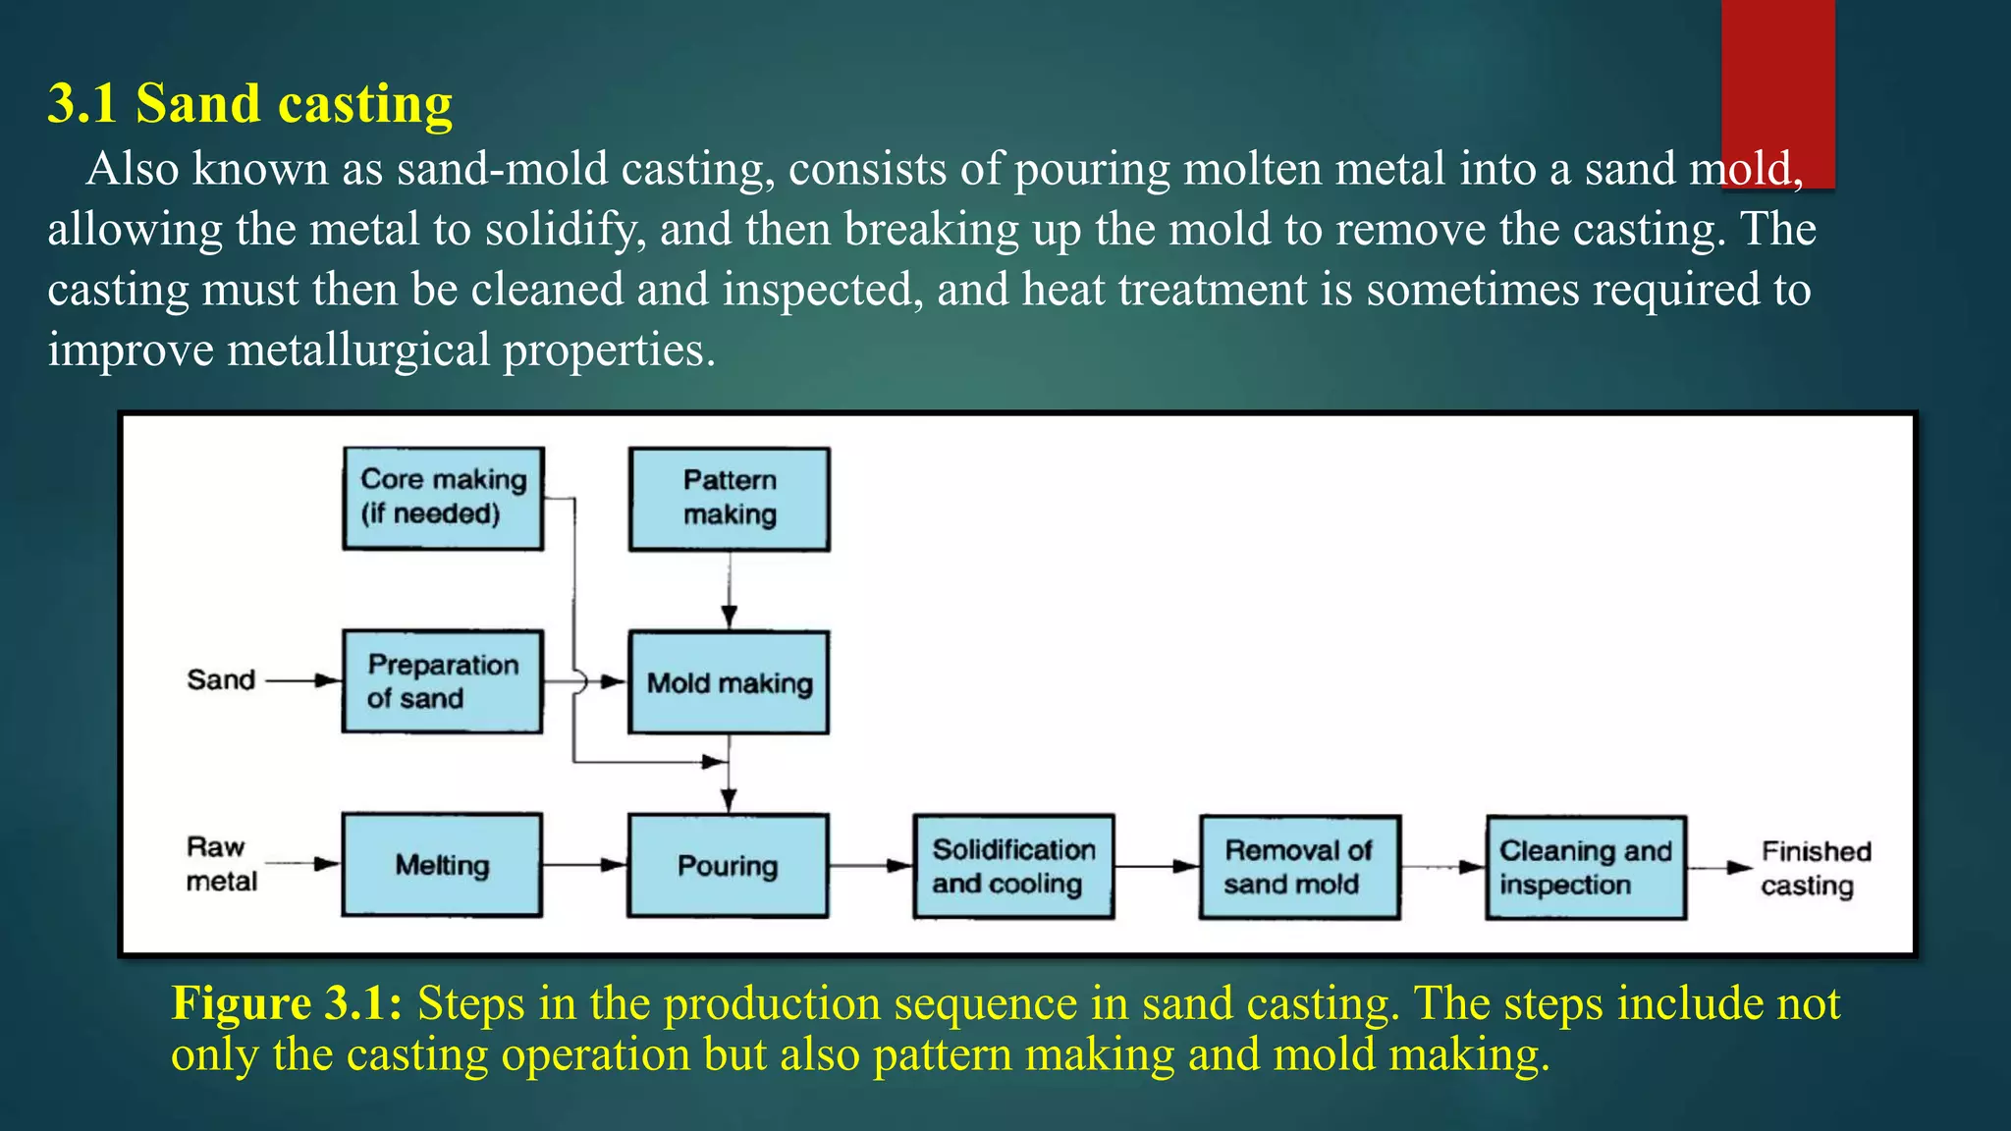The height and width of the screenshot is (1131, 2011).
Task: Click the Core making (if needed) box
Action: pos(443,498)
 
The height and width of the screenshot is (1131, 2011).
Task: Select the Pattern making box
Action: pos(729,499)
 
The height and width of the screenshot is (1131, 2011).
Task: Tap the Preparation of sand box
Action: pos(442,681)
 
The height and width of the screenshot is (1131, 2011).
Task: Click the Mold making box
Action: pos(729,682)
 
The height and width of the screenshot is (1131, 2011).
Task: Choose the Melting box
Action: pos(442,865)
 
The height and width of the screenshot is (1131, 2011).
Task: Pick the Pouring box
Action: pos(728,866)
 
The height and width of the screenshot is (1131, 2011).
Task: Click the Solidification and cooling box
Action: pos(1013,867)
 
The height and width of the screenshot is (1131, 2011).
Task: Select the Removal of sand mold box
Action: pos(1299,867)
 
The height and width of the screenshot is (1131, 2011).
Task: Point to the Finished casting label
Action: pos(1815,868)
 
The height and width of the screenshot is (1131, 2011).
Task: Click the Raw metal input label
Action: pos(220,864)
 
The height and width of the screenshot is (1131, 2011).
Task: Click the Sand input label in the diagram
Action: pos(221,679)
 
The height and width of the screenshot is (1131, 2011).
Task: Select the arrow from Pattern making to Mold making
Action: pos(729,590)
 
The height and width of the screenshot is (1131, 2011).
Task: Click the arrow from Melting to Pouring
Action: pos(584,865)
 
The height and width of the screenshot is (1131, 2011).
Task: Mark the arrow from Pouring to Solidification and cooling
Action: pos(870,866)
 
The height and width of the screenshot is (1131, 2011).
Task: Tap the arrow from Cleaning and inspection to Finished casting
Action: pos(1720,868)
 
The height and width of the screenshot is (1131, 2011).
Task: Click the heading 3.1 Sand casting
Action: pos(249,104)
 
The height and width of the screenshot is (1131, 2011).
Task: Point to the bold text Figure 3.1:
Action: pos(286,1003)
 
